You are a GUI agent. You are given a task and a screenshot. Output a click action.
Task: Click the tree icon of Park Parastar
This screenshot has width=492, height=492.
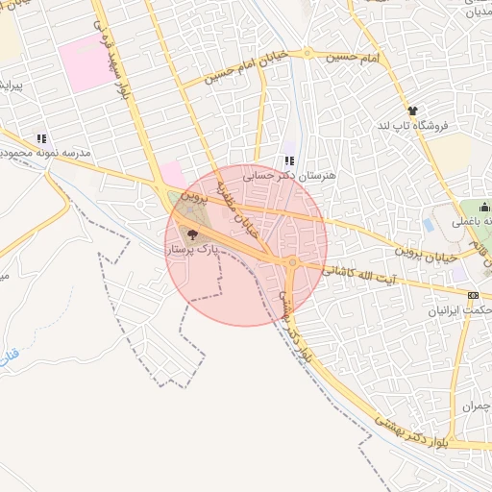point(192,234)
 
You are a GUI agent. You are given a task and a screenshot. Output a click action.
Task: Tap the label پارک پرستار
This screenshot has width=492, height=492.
point(194,249)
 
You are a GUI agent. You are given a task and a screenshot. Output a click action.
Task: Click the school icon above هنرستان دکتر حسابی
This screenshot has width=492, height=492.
point(290,160)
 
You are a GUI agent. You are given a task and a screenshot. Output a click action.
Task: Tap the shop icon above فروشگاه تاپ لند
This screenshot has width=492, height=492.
point(413,111)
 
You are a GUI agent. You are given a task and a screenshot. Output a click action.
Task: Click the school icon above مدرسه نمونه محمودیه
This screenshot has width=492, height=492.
point(40,137)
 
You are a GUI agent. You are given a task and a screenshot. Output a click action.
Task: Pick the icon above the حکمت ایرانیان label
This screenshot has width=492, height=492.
point(472,295)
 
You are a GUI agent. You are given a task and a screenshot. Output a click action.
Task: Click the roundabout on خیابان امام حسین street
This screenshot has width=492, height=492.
point(307,53)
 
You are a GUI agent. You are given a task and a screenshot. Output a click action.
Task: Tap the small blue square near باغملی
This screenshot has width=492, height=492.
point(428,225)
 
